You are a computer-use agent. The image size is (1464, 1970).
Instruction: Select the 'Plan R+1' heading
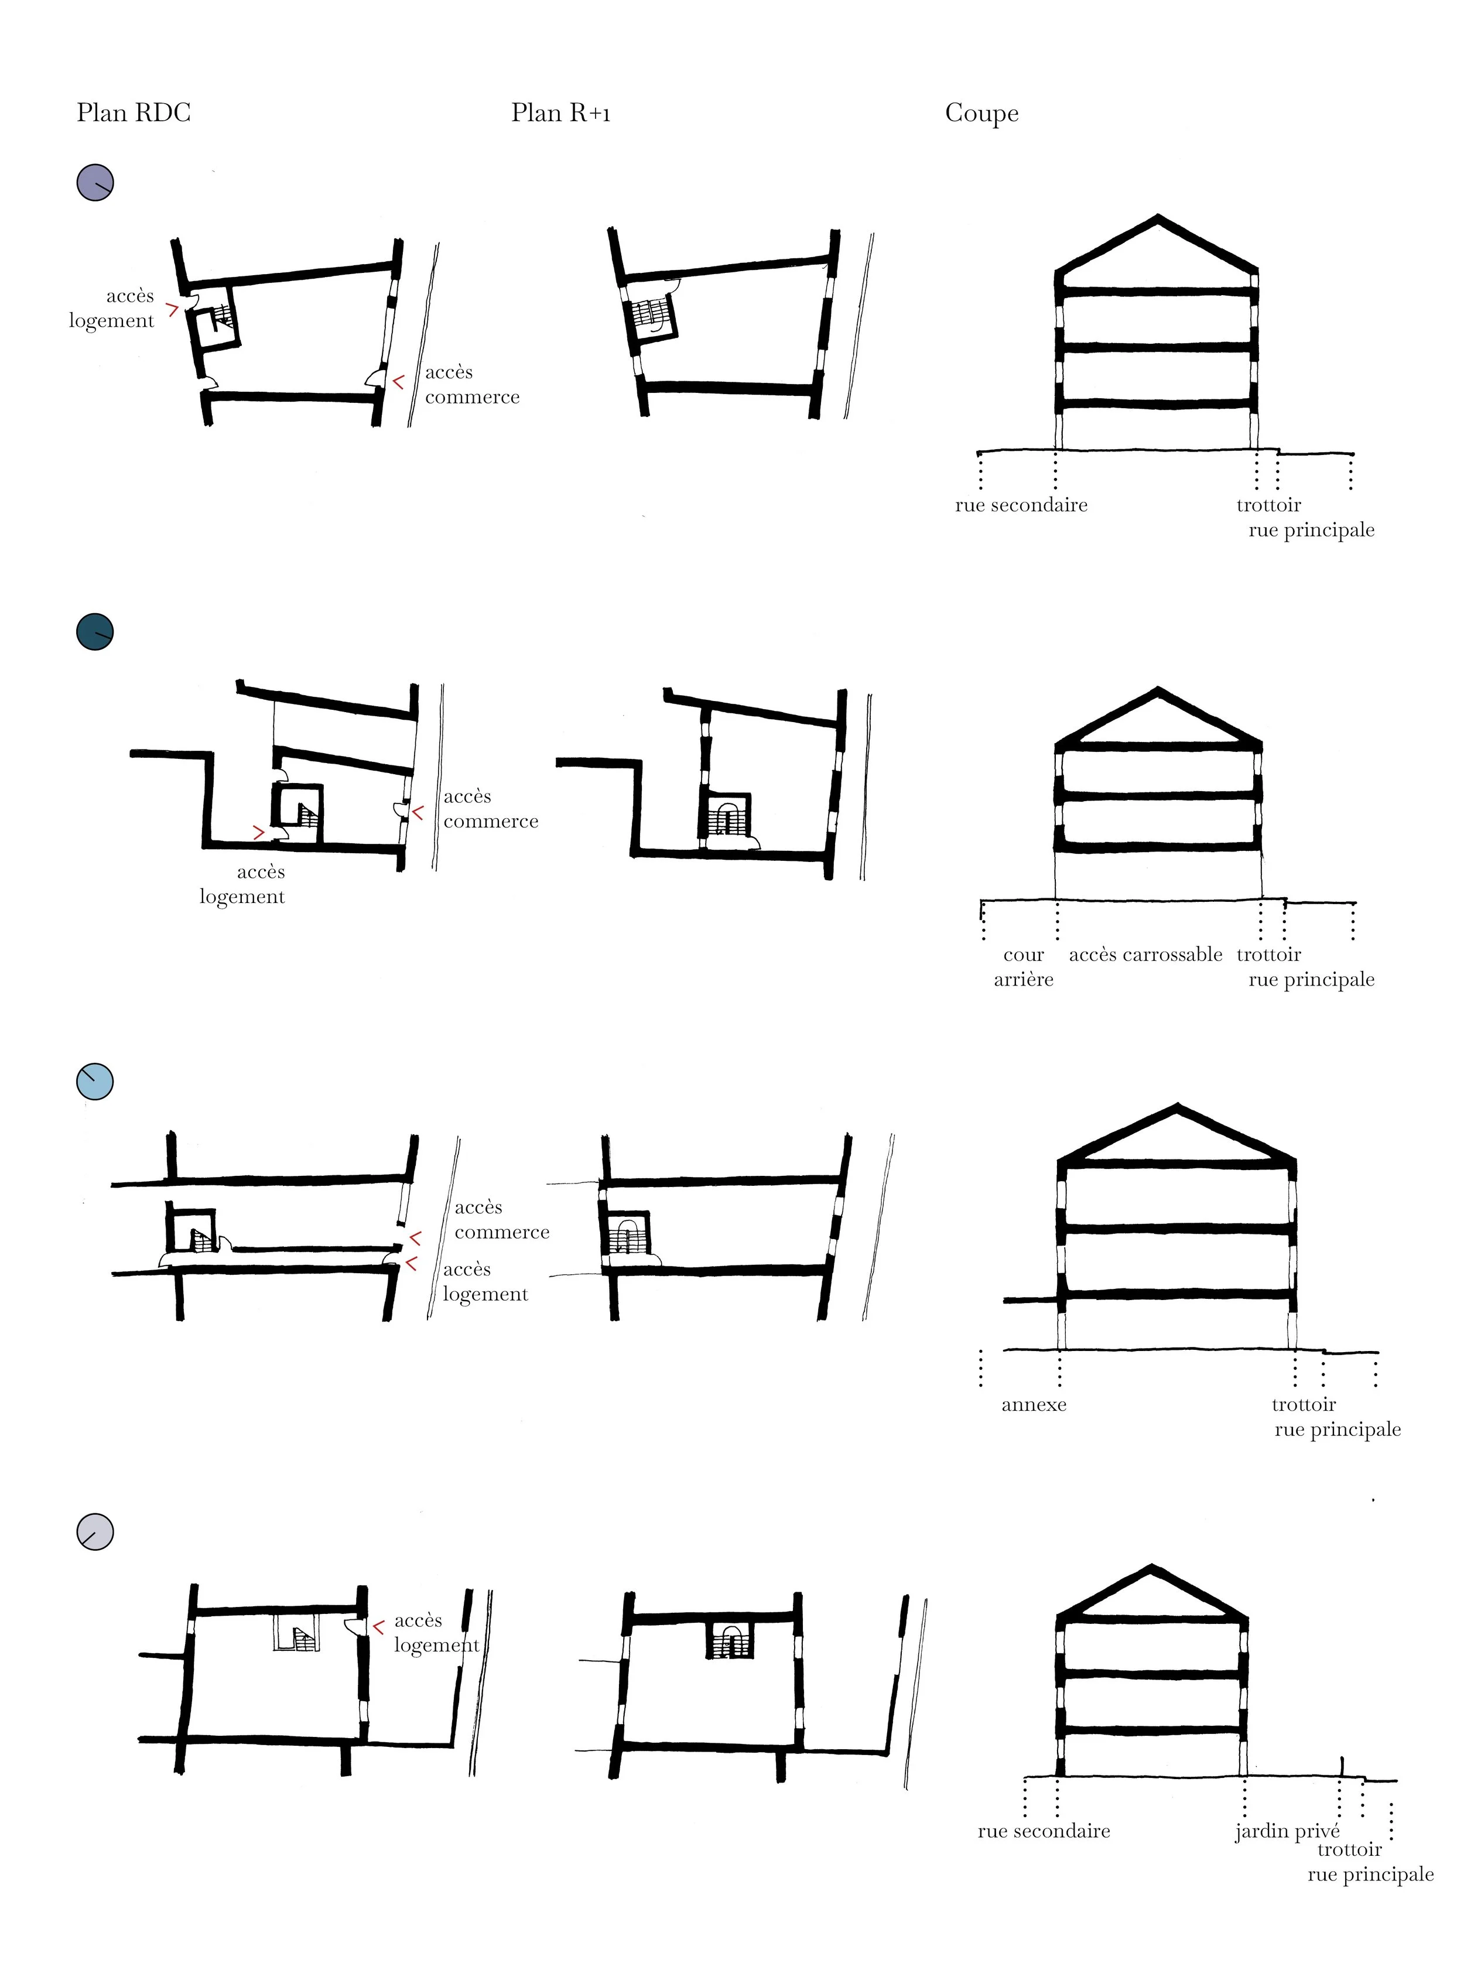560,114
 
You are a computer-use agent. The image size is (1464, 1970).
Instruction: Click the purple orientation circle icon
95,183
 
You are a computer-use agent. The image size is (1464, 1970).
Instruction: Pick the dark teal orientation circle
95,632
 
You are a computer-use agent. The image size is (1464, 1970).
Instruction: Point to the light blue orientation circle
95,1081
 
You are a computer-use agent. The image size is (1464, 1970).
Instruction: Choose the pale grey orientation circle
95,1531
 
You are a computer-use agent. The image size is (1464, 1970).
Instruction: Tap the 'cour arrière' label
1024,967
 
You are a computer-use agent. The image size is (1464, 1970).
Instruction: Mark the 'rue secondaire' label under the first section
1021,505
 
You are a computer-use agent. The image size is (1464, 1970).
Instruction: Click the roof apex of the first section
1157,218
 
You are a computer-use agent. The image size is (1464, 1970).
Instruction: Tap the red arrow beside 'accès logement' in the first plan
173,309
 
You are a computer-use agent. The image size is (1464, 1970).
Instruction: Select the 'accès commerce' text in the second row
490,808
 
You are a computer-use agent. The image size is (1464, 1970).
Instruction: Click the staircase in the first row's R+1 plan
649,314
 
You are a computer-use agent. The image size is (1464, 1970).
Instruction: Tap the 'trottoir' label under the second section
1268,955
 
